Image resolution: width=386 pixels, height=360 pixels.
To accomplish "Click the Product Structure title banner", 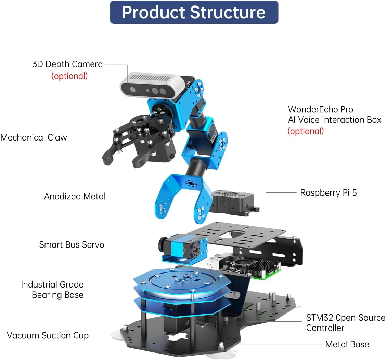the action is (x=194, y=12).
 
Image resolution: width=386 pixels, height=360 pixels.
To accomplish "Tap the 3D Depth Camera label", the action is (x=67, y=64).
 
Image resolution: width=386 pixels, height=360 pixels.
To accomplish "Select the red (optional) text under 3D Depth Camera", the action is (x=69, y=76).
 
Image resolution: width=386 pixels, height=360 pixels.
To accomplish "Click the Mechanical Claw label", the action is (x=34, y=137).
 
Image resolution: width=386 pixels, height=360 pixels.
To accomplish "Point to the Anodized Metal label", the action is (x=75, y=196).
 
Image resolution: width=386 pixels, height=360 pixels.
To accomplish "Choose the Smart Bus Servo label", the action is (x=72, y=245).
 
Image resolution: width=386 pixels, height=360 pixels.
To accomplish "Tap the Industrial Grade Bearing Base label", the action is (x=52, y=290).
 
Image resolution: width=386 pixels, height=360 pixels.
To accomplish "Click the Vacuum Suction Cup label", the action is (x=48, y=335).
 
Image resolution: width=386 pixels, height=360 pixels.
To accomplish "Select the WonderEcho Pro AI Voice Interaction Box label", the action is (x=335, y=115).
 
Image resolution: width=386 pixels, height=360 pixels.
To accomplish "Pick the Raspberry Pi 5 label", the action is (x=329, y=193).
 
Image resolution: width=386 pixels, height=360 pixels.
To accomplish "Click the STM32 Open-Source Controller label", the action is (x=346, y=323).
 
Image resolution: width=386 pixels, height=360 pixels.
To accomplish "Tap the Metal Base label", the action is (x=347, y=344).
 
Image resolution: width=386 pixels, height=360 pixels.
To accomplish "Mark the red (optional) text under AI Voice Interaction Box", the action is (x=306, y=131).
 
